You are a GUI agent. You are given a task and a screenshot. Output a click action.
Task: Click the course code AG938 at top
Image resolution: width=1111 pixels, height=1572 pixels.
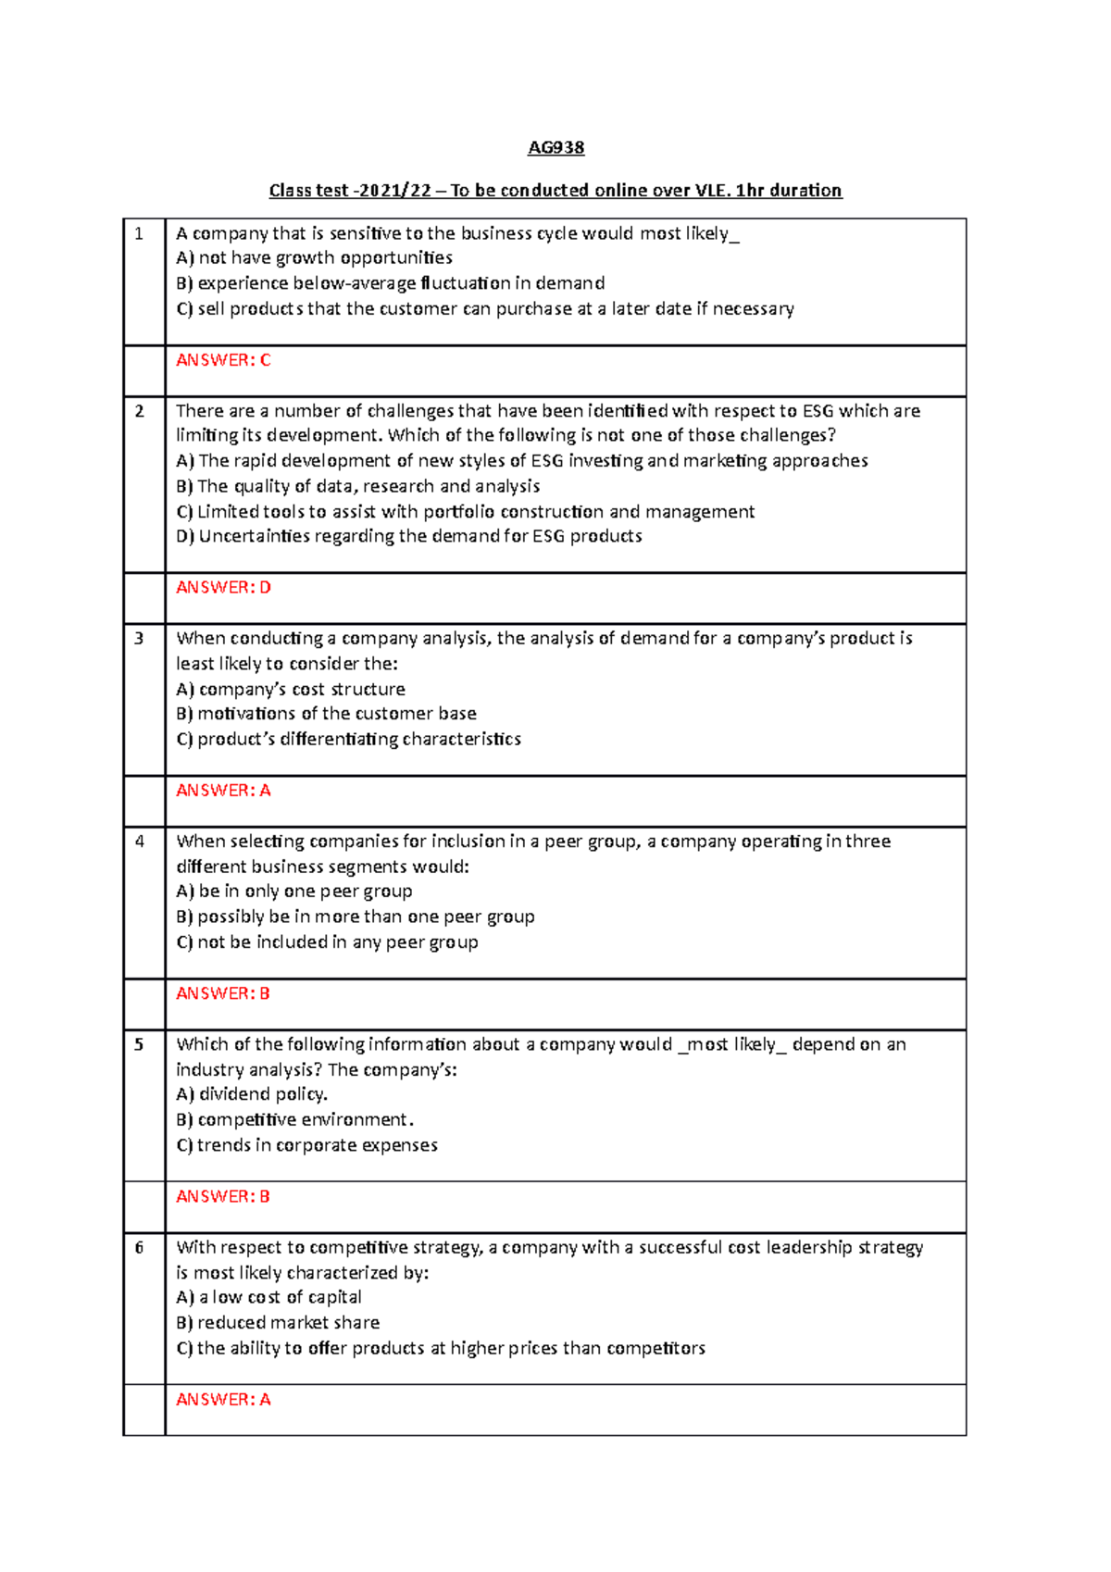(x=555, y=147)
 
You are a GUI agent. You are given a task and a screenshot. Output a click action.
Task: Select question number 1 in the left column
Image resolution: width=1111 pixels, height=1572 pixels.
(x=139, y=234)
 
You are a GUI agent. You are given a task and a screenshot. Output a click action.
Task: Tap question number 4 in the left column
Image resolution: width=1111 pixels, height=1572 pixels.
(x=139, y=842)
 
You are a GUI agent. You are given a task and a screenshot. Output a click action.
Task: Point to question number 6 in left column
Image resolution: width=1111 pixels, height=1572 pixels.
(x=139, y=1248)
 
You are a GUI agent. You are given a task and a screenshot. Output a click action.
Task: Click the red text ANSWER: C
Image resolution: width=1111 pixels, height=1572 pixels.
(x=223, y=360)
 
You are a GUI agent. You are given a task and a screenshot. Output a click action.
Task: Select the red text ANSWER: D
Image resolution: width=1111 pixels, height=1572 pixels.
(x=223, y=587)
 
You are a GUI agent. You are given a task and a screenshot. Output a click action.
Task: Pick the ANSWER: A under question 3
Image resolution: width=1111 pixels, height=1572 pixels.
(x=223, y=791)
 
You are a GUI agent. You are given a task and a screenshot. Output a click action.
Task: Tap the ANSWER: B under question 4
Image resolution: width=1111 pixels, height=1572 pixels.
(x=223, y=993)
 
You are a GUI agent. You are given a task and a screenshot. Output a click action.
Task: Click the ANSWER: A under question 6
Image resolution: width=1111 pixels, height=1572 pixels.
(x=223, y=1400)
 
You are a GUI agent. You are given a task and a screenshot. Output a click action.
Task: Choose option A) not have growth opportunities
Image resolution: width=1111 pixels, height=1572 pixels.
(x=314, y=258)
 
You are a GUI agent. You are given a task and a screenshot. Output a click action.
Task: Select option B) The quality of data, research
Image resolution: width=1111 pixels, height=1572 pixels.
(x=358, y=486)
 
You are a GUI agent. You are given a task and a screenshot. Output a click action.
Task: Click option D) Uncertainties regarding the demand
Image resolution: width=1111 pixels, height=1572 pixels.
(x=408, y=536)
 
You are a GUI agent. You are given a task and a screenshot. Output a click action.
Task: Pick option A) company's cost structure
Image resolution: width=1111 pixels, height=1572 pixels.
(x=291, y=689)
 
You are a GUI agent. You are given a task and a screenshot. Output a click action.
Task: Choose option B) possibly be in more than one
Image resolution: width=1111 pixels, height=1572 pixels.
(x=356, y=917)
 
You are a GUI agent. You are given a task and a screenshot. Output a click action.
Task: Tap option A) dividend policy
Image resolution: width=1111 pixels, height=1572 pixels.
(x=252, y=1094)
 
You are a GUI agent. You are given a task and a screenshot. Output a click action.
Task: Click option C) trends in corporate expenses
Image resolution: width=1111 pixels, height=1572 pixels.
(x=306, y=1145)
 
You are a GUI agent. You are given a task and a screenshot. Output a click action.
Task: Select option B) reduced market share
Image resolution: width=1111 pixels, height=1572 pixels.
(x=278, y=1323)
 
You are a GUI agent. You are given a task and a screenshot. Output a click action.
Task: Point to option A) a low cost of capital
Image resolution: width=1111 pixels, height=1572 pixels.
(x=268, y=1297)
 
